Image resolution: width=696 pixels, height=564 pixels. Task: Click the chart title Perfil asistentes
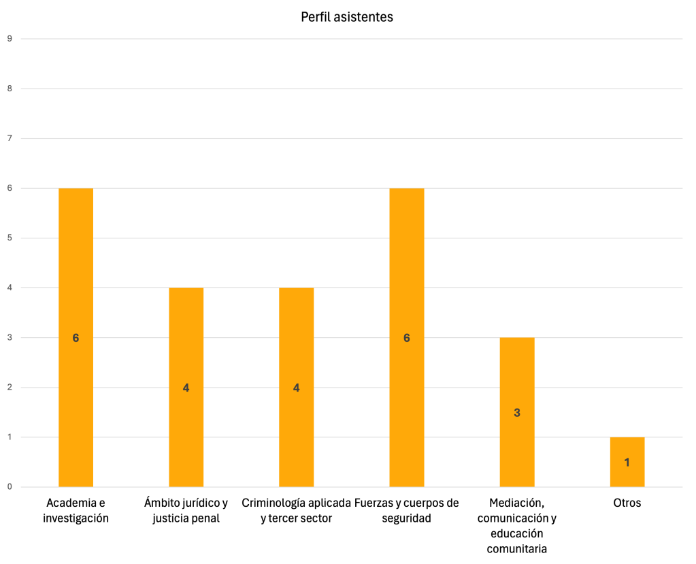[347, 17]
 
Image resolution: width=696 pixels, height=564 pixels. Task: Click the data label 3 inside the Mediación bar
[517, 413]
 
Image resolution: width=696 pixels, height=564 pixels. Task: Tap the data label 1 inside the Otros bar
[627, 463]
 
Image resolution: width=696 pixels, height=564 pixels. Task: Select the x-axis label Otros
[627, 503]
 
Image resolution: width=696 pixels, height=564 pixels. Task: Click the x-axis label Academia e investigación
[76, 511]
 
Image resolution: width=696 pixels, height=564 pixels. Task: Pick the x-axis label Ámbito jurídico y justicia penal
[186, 511]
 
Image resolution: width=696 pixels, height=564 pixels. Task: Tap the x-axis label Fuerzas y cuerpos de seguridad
[407, 511]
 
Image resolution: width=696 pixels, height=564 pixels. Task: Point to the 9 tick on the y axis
[10, 39]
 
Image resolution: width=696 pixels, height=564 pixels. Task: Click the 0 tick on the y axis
[10, 487]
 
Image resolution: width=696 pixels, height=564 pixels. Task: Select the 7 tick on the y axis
[10, 138]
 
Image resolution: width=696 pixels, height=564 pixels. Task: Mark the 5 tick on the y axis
[10, 238]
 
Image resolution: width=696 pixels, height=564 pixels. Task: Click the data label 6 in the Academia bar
[76, 338]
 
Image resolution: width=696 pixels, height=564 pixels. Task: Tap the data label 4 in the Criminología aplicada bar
[296, 388]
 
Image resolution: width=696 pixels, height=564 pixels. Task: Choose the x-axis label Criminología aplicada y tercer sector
[296, 511]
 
